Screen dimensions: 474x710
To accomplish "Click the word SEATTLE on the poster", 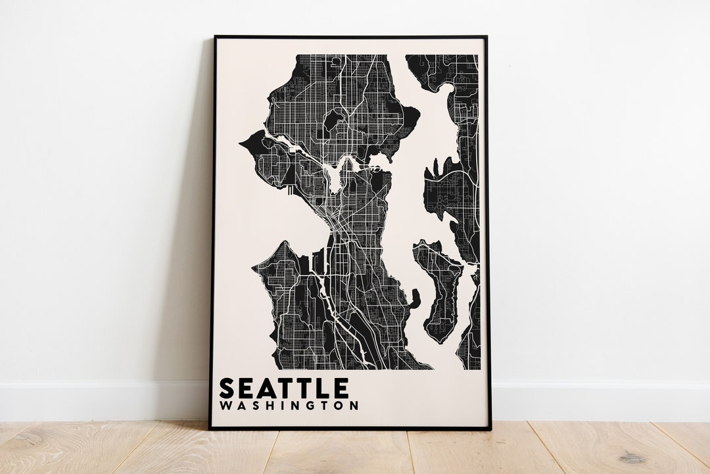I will (283, 388).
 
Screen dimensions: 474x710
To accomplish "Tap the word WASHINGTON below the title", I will (289, 406).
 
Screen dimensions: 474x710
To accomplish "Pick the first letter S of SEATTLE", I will (227, 388).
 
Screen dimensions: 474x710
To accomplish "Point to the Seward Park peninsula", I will (414, 299).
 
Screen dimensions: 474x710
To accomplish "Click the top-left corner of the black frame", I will (214, 37).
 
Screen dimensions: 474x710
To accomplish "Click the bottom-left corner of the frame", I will (210, 429).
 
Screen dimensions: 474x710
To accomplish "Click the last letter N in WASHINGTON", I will (354, 406).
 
